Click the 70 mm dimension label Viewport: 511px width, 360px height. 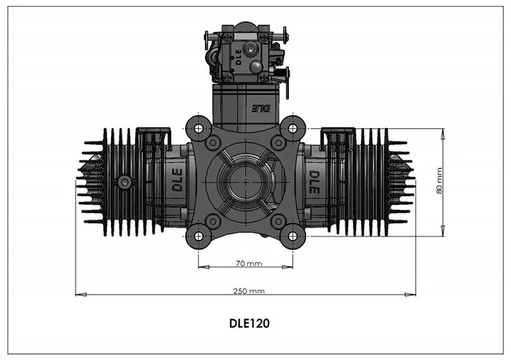(x=249, y=263)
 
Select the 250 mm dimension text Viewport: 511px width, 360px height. (x=249, y=291)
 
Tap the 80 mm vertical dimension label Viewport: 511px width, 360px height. (x=439, y=181)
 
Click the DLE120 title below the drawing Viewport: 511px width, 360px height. (x=249, y=323)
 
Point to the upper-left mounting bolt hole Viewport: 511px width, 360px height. (x=198, y=128)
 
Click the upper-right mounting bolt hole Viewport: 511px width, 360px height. (x=293, y=128)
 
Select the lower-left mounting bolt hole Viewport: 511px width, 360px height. (x=198, y=236)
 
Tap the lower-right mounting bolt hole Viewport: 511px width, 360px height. (x=293, y=236)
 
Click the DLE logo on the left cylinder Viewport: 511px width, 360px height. (x=177, y=180)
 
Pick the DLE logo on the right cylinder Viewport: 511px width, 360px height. (x=314, y=182)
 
